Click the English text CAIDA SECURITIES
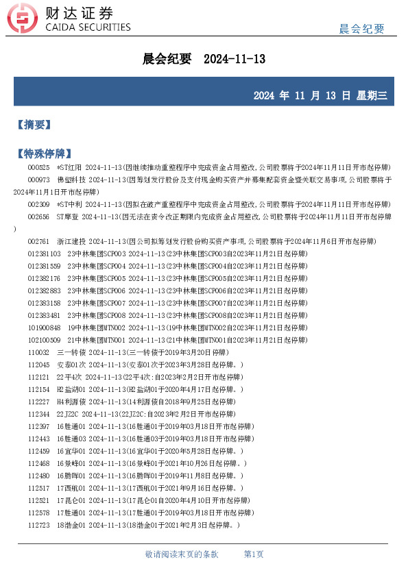tap(87, 27)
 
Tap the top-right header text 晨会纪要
tap(362, 28)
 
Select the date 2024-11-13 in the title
tap(235, 60)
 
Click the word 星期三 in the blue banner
tap(372, 95)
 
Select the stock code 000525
tap(38, 167)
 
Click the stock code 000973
tap(38, 180)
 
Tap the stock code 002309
tap(38, 204)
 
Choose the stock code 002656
tap(38, 217)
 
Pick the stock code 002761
tap(38, 241)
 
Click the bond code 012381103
tap(44, 254)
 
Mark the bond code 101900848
tap(44, 327)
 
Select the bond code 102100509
tap(44, 339)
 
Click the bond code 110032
tap(38, 352)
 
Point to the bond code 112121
tap(38, 376)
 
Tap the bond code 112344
tap(38, 413)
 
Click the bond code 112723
tap(38, 524)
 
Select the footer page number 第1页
tap(254, 554)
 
